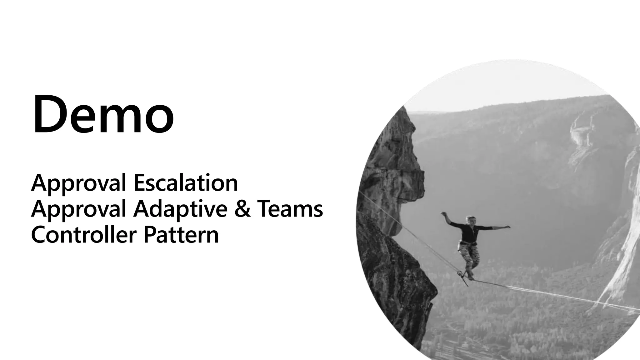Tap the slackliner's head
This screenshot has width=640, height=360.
pyautogui.click(x=470, y=220)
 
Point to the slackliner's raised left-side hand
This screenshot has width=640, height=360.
pyautogui.click(x=443, y=214)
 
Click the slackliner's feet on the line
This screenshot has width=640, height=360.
pyautogui.click(x=469, y=277)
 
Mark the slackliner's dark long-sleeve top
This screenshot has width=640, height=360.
pyautogui.click(x=469, y=233)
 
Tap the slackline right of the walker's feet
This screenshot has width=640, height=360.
pyautogui.click(x=531, y=289)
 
